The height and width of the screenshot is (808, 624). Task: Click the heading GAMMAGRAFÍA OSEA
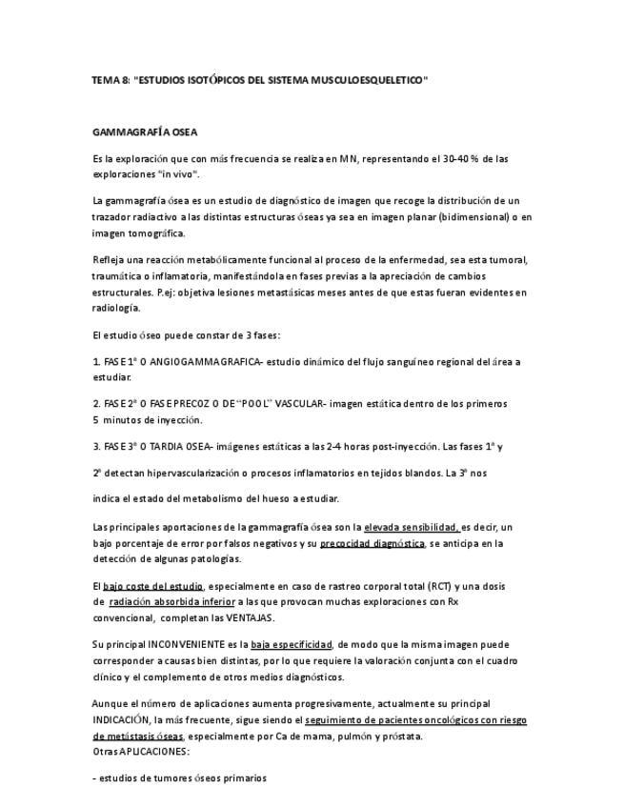[x=145, y=131]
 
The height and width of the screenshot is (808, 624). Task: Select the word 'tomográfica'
[x=159, y=232]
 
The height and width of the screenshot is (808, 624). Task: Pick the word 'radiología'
[x=116, y=308]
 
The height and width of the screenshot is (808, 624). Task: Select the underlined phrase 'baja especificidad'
[x=292, y=645]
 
